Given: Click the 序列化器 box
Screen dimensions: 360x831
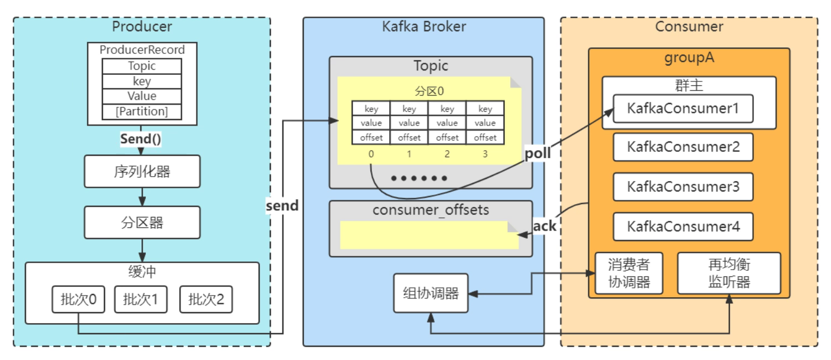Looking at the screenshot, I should (142, 171).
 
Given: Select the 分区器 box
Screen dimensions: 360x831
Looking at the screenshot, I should (142, 222).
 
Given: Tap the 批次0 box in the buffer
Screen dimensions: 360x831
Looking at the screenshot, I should (78, 299).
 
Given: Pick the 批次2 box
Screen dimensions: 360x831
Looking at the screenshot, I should (206, 299).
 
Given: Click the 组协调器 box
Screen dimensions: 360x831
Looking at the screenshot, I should (431, 293).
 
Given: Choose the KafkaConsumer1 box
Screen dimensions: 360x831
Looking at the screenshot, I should (683, 108).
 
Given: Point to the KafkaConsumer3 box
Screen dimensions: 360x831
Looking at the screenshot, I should (683, 187).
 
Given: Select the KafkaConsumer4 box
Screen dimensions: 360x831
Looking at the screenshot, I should (683, 226).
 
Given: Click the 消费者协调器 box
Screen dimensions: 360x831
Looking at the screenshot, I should (629, 273).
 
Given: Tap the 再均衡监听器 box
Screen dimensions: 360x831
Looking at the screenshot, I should (729, 273).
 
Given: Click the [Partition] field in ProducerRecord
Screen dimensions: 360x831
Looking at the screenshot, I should (142, 111).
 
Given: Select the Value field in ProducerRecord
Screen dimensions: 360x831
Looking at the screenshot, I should (142, 96).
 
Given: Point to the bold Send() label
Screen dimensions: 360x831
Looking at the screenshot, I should (141, 139).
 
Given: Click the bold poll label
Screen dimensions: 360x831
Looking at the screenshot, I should (538, 154).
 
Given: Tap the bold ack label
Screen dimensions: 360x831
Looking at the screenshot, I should (544, 226).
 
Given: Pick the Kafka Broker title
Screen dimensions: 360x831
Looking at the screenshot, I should (424, 26).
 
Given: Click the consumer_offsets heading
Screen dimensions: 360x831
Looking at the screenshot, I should (431, 210).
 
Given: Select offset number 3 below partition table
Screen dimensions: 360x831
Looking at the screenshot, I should (485, 154).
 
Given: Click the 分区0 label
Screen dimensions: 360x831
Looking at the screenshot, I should (429, 91).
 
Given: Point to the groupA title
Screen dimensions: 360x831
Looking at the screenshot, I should (689, 57).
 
